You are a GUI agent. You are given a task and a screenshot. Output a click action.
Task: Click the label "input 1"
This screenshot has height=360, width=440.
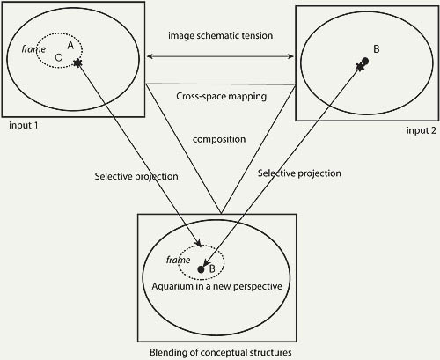[24, 126]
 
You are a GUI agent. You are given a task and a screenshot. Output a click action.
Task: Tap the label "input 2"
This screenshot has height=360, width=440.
[421, 130]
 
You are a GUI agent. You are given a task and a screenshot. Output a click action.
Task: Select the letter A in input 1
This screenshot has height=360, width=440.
[70, 46]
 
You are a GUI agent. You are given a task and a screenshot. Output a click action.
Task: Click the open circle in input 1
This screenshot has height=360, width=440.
[59, 57]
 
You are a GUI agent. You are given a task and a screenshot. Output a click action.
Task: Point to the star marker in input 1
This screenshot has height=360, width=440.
[77, 62]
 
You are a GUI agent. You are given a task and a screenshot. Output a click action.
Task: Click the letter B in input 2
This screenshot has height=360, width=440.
[377, 49]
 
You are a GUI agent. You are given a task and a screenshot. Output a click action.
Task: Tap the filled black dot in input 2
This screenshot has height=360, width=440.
[365, 61]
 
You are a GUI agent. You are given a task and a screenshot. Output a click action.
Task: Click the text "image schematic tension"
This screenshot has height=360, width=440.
[221, 35]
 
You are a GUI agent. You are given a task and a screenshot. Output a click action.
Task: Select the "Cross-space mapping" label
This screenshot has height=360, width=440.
[222, 96]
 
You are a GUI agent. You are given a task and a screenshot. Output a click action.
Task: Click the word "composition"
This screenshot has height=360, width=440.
[219, 139]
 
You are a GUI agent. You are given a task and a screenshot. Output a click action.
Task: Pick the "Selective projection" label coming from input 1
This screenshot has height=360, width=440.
[136, 176]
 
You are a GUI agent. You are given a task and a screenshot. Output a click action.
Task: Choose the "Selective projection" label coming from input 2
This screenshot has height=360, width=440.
[299, 173]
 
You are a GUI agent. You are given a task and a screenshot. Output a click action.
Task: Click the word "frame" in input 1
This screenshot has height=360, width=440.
[33, 49]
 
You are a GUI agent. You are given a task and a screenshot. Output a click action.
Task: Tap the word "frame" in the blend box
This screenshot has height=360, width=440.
[179, 260]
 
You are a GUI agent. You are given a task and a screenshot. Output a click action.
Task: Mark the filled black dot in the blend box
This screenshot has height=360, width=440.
[201, 269]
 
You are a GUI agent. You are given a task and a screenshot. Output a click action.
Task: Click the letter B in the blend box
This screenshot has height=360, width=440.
[212, 268]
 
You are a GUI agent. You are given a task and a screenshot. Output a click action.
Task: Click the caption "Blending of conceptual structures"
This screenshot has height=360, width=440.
[221, 352]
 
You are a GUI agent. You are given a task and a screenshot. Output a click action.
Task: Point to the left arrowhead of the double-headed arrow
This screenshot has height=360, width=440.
[150, 56]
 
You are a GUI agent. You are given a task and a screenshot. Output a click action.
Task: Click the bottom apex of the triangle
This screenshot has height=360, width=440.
[221, 214]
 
